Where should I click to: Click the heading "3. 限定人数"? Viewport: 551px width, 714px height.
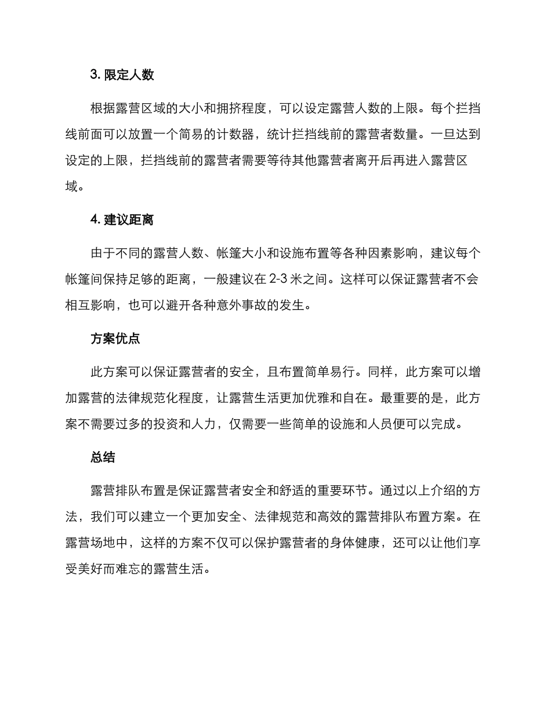pos(122,75)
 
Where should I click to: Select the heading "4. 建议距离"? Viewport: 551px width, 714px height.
pos(122,220)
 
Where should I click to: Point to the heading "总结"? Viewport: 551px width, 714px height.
pos(103,457)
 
